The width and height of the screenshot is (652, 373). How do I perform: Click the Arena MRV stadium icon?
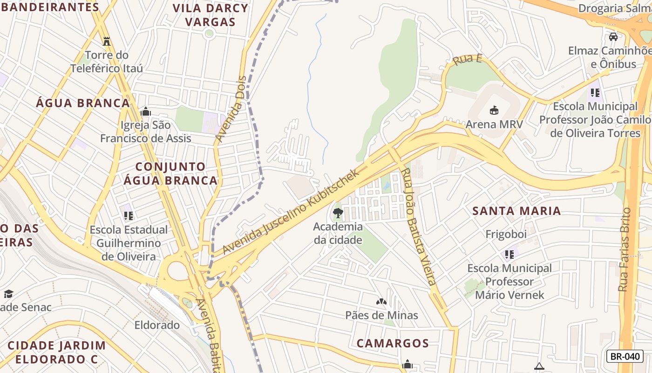(x=494, y=111)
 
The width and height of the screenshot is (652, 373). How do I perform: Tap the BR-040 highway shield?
(x=625, y=356)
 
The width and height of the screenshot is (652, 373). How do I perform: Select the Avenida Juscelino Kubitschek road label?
(x=291, y=212)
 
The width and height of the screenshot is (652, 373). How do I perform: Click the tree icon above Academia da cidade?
(x=338, y=213)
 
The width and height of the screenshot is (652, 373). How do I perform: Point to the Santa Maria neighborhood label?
(x=516, y=211)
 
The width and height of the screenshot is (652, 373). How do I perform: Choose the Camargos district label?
(x=393, y=343)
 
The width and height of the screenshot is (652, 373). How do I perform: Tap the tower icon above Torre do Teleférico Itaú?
(x=107, y=41)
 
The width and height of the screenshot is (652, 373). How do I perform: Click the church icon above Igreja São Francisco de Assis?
(x=146, y=111)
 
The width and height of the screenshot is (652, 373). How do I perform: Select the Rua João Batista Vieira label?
(x=418, y=227)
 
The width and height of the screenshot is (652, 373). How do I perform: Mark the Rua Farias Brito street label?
(x=624, y=249)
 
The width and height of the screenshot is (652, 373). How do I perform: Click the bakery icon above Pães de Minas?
(x=381, y=302)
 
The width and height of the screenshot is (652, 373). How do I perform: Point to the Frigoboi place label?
(x=506, y=234)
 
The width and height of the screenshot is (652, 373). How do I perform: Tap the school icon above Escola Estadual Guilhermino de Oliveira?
(x=129, y=215)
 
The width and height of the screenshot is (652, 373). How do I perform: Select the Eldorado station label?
(x=157, y=325)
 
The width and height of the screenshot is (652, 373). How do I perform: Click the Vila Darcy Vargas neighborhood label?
(x=211, y=15)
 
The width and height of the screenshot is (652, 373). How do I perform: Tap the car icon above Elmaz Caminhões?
(x=613, y=36)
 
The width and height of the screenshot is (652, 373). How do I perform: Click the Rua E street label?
(x=467, y=60)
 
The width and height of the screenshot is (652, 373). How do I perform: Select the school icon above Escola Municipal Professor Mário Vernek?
(x=509, y=254)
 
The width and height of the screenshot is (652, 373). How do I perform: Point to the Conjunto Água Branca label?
(x=170, y=173)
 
